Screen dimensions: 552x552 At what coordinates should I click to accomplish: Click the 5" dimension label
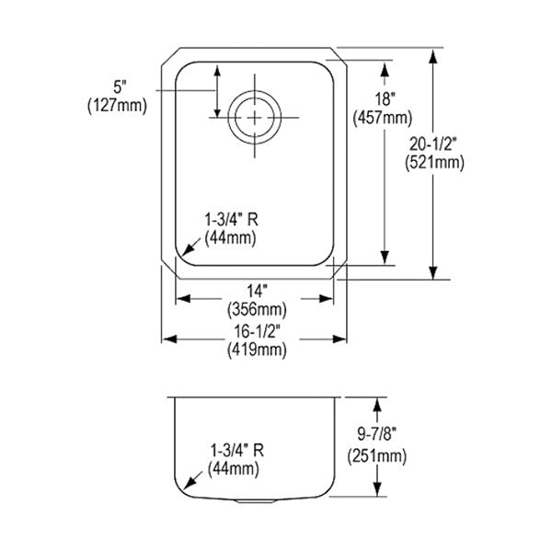click(x=120, y=86)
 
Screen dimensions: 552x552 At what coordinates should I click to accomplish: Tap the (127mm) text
click(x=117, y=105)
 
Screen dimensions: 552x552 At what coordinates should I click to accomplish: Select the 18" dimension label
click(x=385, y=99)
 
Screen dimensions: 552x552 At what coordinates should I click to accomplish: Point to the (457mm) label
click(x=383, y=118)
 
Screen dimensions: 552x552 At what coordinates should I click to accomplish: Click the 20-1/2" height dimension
click(x=433, y=144)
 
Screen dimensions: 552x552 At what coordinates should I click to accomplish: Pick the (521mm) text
click(x=434, y=163)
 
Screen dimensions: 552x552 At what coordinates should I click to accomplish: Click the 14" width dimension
click(x=257, y=291)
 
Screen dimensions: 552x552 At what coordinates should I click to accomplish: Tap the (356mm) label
click(x=257, y=310)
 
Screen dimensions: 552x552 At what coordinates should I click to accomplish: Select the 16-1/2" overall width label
click(x=258, y=331)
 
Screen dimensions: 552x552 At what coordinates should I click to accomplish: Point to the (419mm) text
click(x=257, y=350)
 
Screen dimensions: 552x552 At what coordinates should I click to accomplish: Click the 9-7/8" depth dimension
click(x=376, y=434)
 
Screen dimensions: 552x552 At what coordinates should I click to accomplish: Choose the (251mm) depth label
click(x=377, y=456)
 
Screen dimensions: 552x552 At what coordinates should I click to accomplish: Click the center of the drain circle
click(x=255, y=117)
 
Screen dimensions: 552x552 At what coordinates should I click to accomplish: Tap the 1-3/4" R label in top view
click(x=231, y=220)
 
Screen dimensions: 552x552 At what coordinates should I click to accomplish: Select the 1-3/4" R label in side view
click(x=237, y=451)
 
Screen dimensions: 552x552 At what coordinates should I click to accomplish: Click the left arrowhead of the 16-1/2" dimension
click(x=169, y=339)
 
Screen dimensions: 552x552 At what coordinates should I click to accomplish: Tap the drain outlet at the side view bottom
click(x=255, y=501)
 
